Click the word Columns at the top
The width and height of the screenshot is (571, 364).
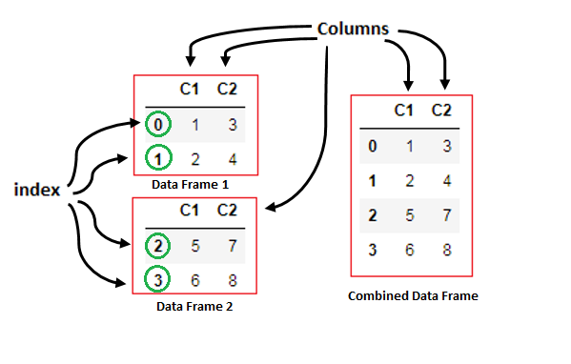[x=353, y=30]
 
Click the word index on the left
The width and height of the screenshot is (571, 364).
[x=37, y=190]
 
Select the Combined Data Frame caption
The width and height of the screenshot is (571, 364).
[x=413, y=296]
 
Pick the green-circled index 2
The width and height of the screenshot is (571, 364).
[x=156, y=246]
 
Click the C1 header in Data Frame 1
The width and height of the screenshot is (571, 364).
[x=191, y=91]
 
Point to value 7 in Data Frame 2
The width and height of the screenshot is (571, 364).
[x=230, y=246]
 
